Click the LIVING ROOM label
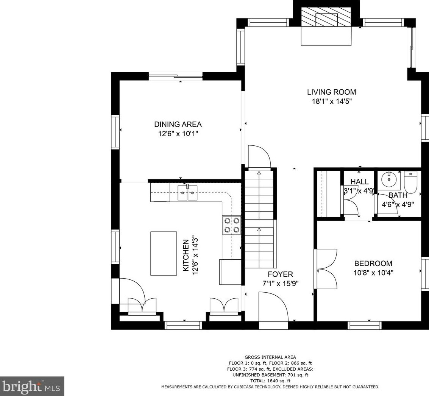pos(331,92)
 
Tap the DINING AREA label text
pos(178,125)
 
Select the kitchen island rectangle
pos(164,254)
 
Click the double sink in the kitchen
pos(187,193)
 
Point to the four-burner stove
pos(232,225)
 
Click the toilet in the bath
pos(410,182)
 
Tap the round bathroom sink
pos(388,179)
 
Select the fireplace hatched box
pos(326,17)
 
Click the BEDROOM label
pos(373,263)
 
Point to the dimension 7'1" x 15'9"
pos(281,284)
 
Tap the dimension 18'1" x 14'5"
pos(332,101)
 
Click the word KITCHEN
pos(186,256)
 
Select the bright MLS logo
pos(32,386)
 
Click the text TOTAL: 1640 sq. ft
pos(270,381)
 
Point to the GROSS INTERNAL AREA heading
pos(270,357)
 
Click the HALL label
pos(359,182)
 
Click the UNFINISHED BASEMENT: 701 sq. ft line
pos(270,375)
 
